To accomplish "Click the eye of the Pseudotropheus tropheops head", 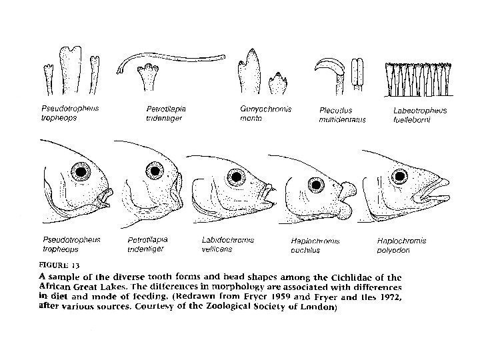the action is point(82,173).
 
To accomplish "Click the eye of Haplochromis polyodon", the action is point(401,176).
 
